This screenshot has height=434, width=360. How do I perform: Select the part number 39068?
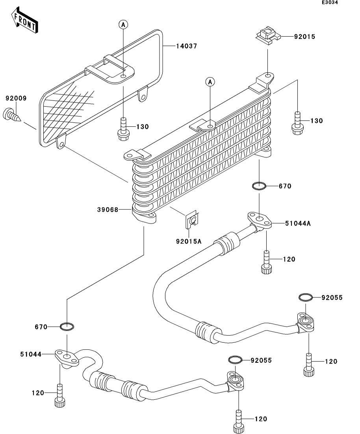pos(108,210)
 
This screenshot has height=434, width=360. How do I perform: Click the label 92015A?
pos(189,241)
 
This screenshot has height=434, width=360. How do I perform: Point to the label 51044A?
pos(298,223)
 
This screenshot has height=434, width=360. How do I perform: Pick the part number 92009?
pos(16,98)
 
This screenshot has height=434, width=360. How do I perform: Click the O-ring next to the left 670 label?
pos(67,326)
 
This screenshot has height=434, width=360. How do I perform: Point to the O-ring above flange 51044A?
pos(259,185)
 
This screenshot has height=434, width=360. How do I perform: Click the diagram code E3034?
pos(330,3)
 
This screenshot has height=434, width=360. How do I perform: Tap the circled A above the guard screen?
pos(123,25)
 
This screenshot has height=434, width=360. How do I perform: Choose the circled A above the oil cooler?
pos(210,82)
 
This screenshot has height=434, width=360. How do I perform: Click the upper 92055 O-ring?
pos(306,297)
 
